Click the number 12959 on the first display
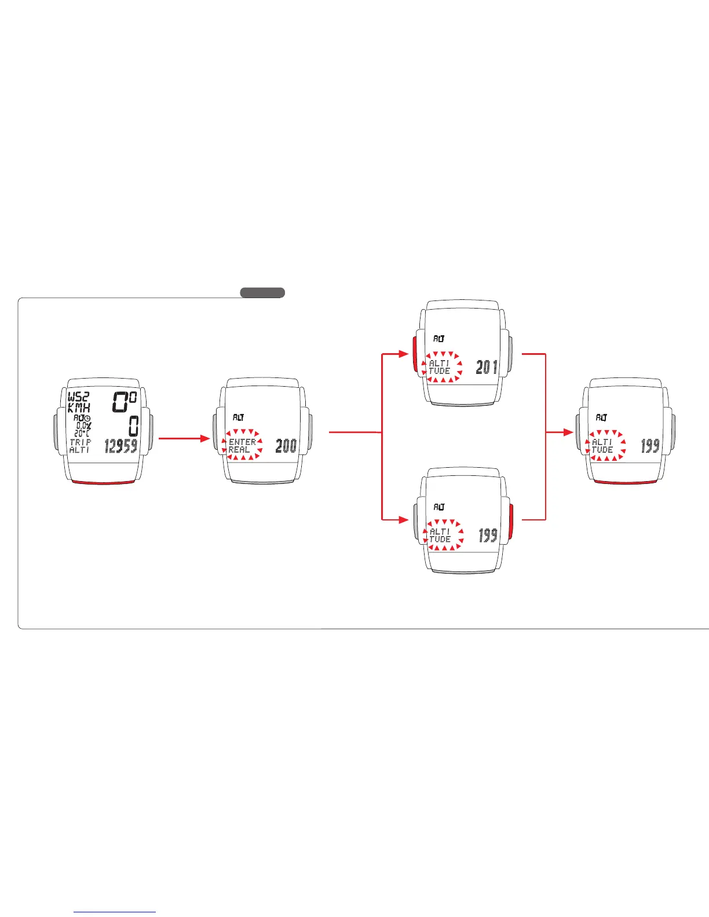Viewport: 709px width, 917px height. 121,446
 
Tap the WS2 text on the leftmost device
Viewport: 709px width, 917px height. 79,398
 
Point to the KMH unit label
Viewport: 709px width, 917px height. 79,408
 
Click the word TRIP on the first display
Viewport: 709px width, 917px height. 80,442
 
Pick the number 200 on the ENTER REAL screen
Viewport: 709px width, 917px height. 286,446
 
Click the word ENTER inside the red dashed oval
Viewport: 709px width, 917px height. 242,442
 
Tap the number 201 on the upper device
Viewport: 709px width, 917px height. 487,367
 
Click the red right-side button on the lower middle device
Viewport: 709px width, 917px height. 511,520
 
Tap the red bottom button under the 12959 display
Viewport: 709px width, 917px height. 104,481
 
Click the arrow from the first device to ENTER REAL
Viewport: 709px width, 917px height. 184,439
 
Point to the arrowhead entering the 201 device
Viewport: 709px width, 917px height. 404,353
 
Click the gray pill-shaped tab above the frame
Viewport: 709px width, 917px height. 262,292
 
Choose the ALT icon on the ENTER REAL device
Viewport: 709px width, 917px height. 238,417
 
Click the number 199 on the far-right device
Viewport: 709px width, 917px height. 650,446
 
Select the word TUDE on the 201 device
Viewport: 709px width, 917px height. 440,371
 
